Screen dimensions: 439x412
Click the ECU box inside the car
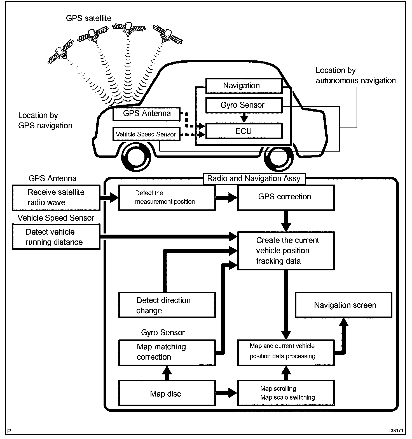pos(244,131)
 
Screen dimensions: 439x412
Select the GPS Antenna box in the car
pos(146,114)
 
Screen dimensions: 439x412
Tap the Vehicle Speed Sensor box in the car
pos(146,134)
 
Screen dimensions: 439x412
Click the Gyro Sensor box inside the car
pos(244,105)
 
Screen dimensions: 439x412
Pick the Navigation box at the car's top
pos(244,86)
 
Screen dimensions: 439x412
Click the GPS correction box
pos(285,197)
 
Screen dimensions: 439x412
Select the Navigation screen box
pos(344,305)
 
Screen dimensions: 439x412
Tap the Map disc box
pos(167,393)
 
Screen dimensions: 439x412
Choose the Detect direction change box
pos(167,305)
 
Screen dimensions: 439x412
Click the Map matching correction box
pos(167,352)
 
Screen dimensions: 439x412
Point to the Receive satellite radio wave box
pos(56,197)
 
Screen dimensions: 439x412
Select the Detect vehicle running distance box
pos(56,237)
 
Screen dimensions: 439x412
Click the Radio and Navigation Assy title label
pos(254,179)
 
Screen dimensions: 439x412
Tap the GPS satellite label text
pos(88,18)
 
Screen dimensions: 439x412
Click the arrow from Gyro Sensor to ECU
pos(244,118)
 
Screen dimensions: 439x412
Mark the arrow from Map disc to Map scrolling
pos(226,393)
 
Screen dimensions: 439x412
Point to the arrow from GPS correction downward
pos(286,221)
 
